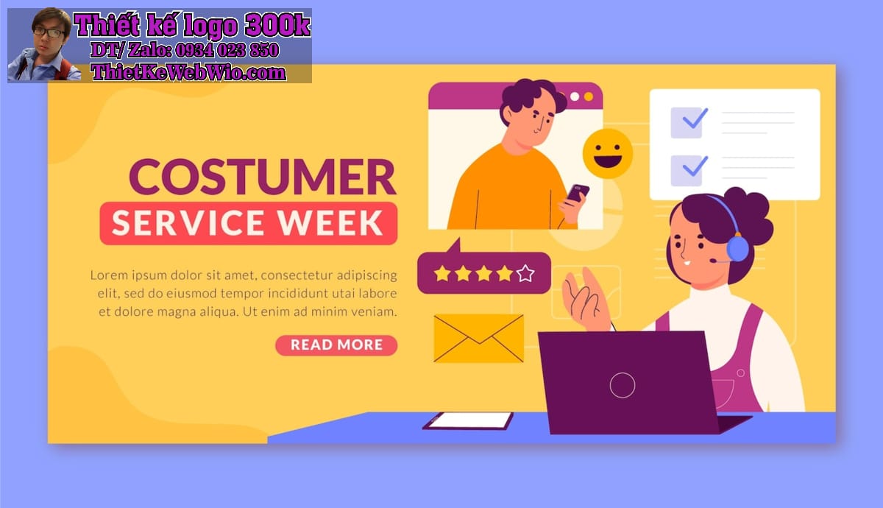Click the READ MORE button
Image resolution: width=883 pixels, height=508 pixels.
point(336,345)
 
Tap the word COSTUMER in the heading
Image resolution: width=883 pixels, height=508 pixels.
point(263,177)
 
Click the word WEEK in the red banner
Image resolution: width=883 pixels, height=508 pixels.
point(330,223)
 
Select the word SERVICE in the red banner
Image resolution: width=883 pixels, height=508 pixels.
point(188,223)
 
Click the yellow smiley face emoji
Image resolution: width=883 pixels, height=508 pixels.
point(608,153)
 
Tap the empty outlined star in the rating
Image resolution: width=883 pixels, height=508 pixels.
point(525,273)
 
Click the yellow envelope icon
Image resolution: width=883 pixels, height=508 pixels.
point(478,338)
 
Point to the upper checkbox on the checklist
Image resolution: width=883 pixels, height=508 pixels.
point(687,122)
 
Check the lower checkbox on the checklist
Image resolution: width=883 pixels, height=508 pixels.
point(687,170)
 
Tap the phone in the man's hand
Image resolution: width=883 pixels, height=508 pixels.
point(578,193)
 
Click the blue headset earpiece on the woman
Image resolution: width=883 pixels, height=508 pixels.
point(738,249)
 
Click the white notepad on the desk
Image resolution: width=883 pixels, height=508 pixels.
point(468,420)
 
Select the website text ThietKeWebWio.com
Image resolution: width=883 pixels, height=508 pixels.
point(188,73)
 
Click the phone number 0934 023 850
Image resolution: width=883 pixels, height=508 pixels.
point(227,50)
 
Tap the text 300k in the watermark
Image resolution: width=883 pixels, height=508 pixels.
point(277,25)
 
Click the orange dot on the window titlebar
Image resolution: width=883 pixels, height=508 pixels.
point(589,96)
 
